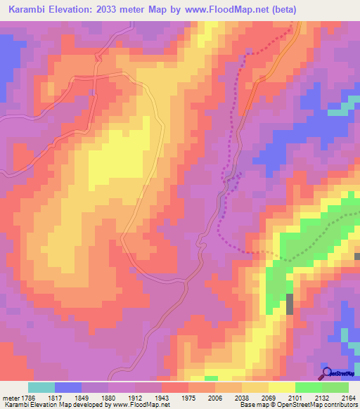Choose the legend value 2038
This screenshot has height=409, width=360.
[243, 397]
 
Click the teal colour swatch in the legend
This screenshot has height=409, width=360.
[41, 387]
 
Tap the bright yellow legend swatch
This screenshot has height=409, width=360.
[281, 387]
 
